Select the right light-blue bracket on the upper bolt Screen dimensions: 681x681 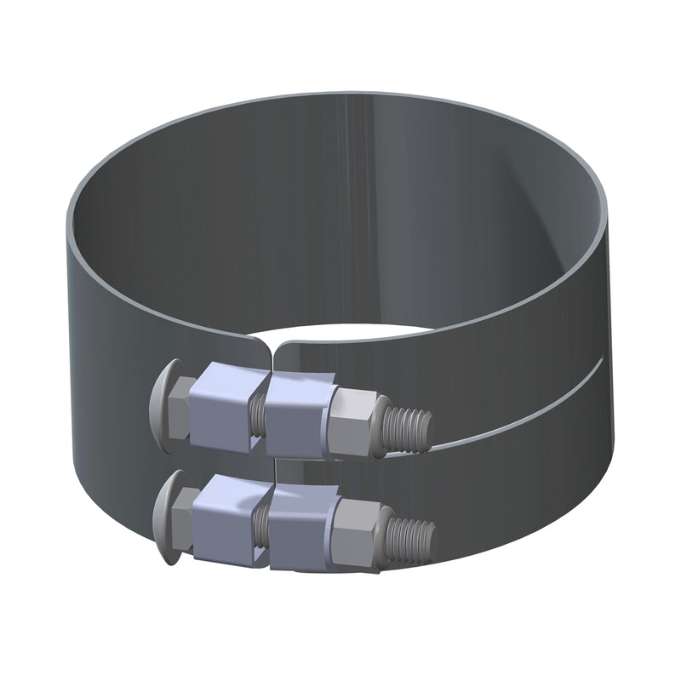(298, 412)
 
